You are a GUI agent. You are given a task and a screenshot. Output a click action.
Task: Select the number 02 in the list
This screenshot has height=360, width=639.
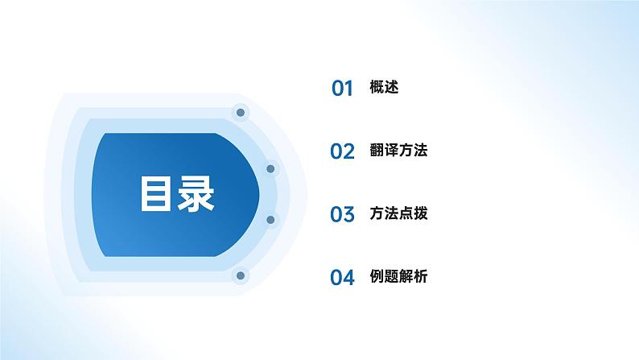[343, 151]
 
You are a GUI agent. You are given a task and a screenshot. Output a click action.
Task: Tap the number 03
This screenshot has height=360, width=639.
[343, 214]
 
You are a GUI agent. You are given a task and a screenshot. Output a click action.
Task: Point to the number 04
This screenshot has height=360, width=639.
[343, 278]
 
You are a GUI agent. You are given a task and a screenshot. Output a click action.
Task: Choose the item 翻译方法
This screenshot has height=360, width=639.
[399, 150]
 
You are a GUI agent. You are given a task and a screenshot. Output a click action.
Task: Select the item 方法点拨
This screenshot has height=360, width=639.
[399, 213]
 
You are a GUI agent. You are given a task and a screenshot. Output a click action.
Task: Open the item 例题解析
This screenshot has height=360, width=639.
[399, 276]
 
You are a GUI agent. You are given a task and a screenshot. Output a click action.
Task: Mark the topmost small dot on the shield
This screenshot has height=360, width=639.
[239, 113]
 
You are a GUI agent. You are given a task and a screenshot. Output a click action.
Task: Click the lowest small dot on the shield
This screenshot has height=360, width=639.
[239, 276]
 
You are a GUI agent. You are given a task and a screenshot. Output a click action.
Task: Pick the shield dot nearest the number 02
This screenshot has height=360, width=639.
[270, 169]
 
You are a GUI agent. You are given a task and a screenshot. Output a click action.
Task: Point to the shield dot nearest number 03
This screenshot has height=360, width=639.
[270, 219]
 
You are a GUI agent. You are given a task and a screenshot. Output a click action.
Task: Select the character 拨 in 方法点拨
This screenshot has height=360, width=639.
[421, 213]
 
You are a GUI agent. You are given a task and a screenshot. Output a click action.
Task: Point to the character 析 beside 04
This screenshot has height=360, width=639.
[421, 276]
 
